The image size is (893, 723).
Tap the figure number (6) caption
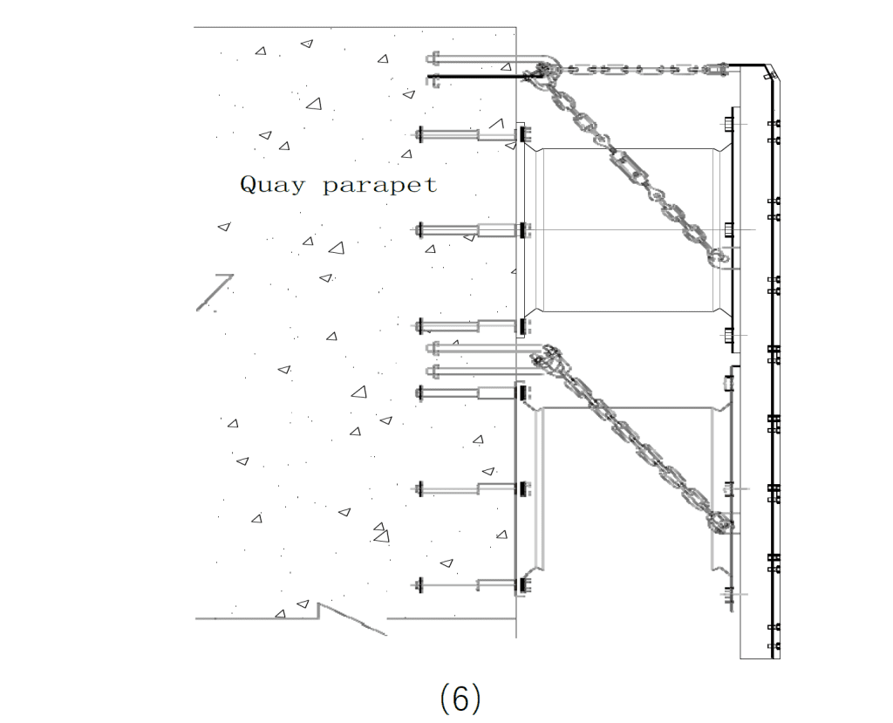460,699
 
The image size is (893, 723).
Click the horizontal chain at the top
637,68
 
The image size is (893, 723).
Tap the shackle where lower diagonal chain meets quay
547,357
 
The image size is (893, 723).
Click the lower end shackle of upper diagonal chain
719,256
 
